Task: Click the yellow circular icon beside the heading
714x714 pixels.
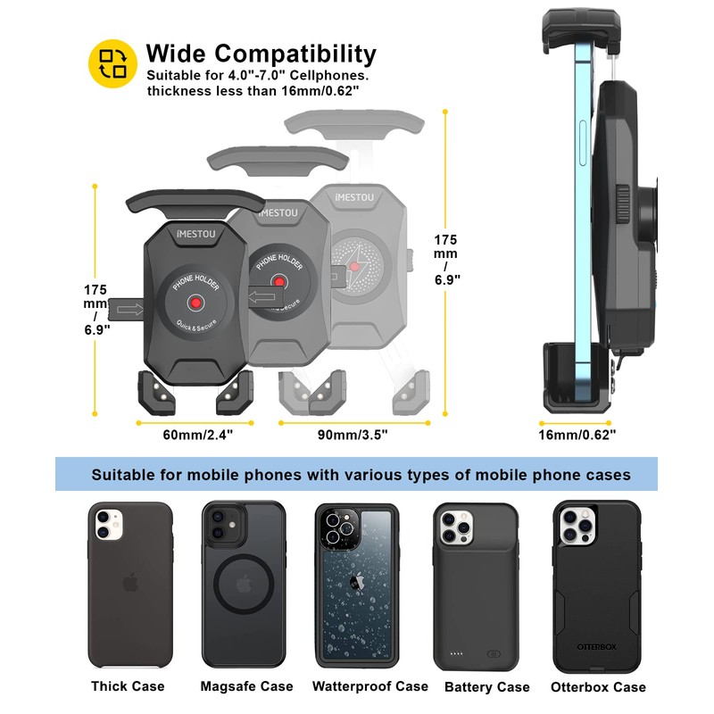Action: click(x=112, y=64)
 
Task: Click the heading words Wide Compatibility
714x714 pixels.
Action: click(x=261, y=54)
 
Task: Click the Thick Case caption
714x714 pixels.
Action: click(x=128, y=686)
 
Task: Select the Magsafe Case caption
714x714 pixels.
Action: click(x=245, y=686)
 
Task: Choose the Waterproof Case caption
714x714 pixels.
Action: click(x=369, y=686)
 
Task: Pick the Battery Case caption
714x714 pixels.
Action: click(x=486, y=687)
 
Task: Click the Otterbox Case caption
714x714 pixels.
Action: click(x=598, y=687)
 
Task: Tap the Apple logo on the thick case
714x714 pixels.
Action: click(x=129, y=584)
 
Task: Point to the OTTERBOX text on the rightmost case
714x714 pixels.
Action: click(x=597, y=646)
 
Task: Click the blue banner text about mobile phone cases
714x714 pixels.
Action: click(x=361, y=474)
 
